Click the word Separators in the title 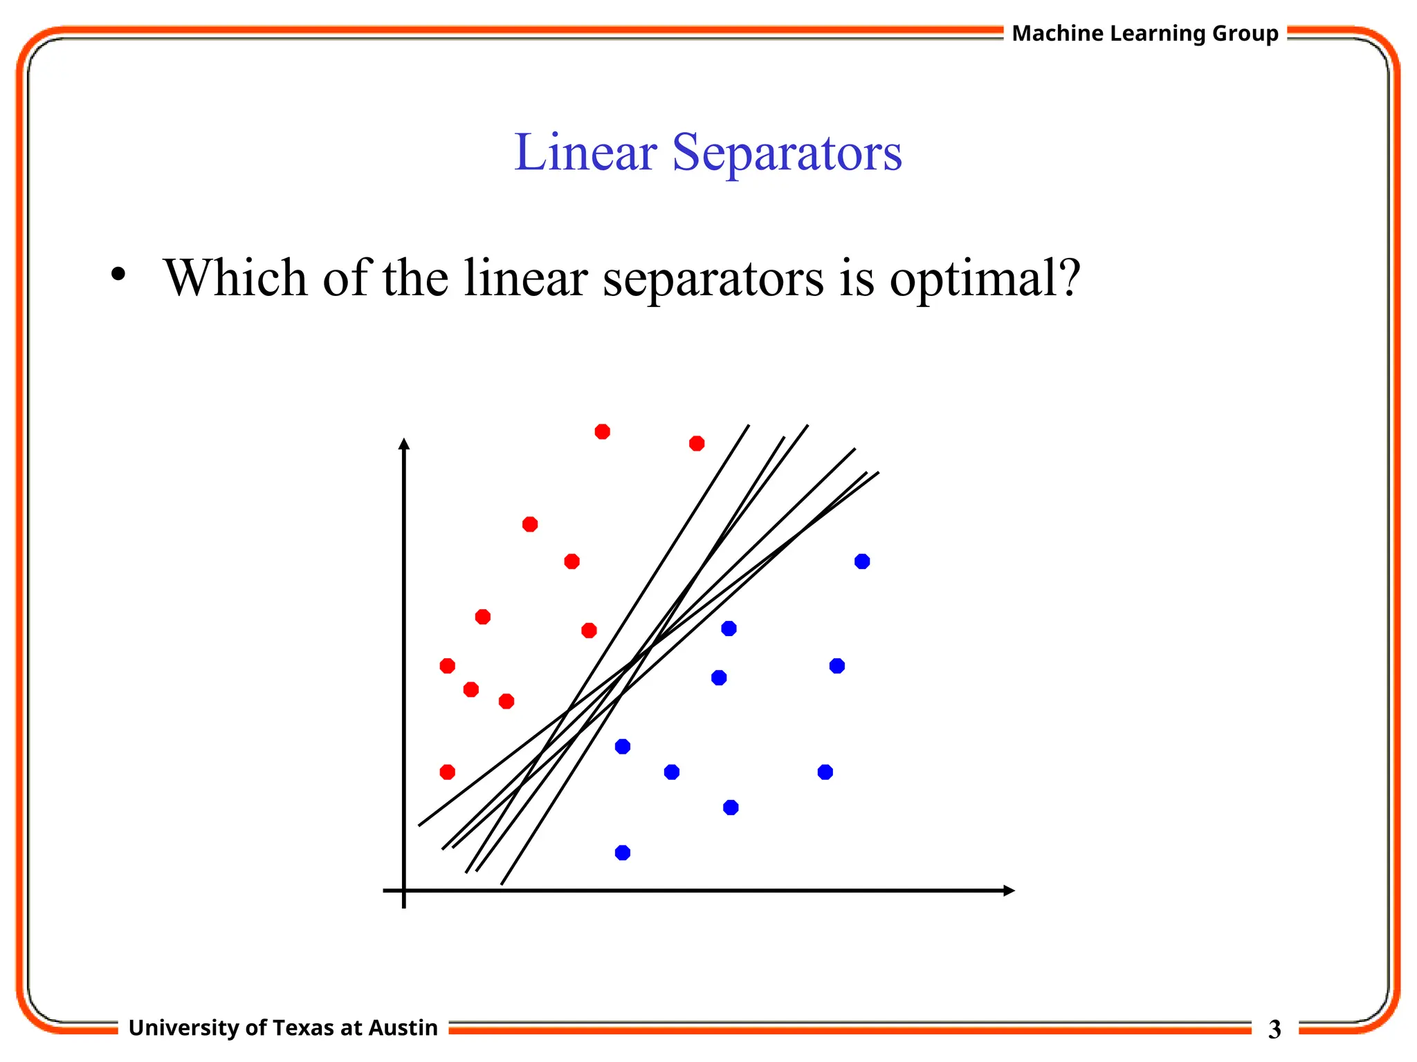tap(787, 153)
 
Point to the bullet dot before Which tap(118, 274)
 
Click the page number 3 tap(1274, 1030)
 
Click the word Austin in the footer tap(403, 1028)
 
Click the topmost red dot tap(602, 431)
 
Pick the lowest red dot tap(447, 772)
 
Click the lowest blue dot tap(622, 853)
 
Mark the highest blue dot tap(861, 561)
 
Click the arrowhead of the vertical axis tap(404, 443)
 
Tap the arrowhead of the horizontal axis tap(1009, 891)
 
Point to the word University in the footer tap(183, 1028)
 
